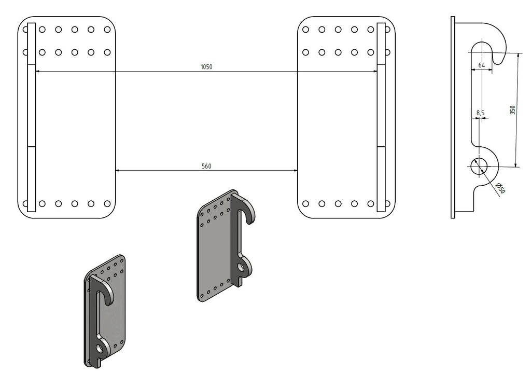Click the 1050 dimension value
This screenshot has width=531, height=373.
tap(206, 67)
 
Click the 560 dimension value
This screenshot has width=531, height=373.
tap(206, 167)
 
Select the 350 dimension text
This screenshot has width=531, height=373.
tap(512, 110)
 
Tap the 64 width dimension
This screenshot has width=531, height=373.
tap(482, 65)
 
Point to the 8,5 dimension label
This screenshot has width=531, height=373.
tap(480, 113)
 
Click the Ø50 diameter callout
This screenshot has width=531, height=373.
tap(500, 188)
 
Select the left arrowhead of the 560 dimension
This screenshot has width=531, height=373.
tap(118, 170)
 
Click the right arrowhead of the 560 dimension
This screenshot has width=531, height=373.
tap(295, 170)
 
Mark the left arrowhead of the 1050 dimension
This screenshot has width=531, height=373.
tap(37, 71)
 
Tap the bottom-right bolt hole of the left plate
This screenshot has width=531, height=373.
tap(107, 203)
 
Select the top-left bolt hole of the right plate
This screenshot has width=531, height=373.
tap(306, 30)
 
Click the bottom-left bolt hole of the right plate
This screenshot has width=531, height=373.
tap(306, 203)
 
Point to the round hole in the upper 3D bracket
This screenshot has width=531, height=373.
tap(241, 267)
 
